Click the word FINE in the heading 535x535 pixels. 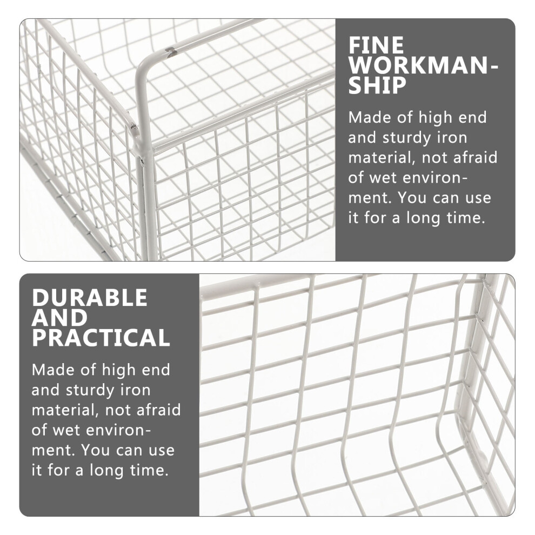[x=376, y=45]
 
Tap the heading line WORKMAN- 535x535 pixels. [x=423, y=65]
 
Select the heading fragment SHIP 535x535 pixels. [x=377, y=85]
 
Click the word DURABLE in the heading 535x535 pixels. [x=89, y=298]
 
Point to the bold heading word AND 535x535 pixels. [x=59, y=318]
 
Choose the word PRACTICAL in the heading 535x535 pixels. [x=101, y=338]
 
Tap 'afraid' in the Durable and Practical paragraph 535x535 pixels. [x=158, y=410]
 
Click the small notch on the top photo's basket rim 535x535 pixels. [x=171, y=51]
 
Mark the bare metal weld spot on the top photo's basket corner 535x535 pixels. [x=134, y=127]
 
